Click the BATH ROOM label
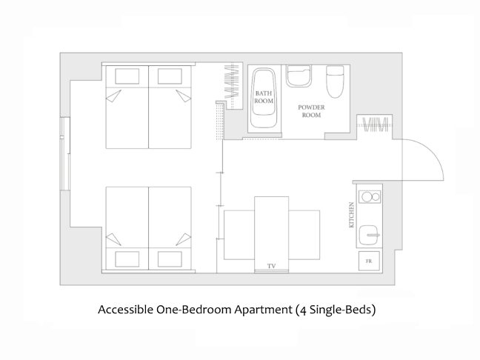[x=264, y=97]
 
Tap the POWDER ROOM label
[x=311, y=111]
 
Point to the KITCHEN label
[x=351, y=215]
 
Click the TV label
[x=272, y=266]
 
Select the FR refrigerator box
[x=369, y=261]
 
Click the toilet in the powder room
[x=336, y=81]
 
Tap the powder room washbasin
[x=299, y=76]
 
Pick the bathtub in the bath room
[x=264, y=98]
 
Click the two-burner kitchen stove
[x=370, y=196]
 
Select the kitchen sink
[x=369, y=235]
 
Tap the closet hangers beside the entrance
[x=375, y=124]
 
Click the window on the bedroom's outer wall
[x=65, y=154]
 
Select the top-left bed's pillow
[x=127, y=76]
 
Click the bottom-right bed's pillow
[x=170, y=259]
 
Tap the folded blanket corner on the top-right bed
[x=184, y=96]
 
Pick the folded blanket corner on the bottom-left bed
[x=113, y=239]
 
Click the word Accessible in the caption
[x=125, y=310]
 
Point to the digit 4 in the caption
[x=304, y=310]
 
